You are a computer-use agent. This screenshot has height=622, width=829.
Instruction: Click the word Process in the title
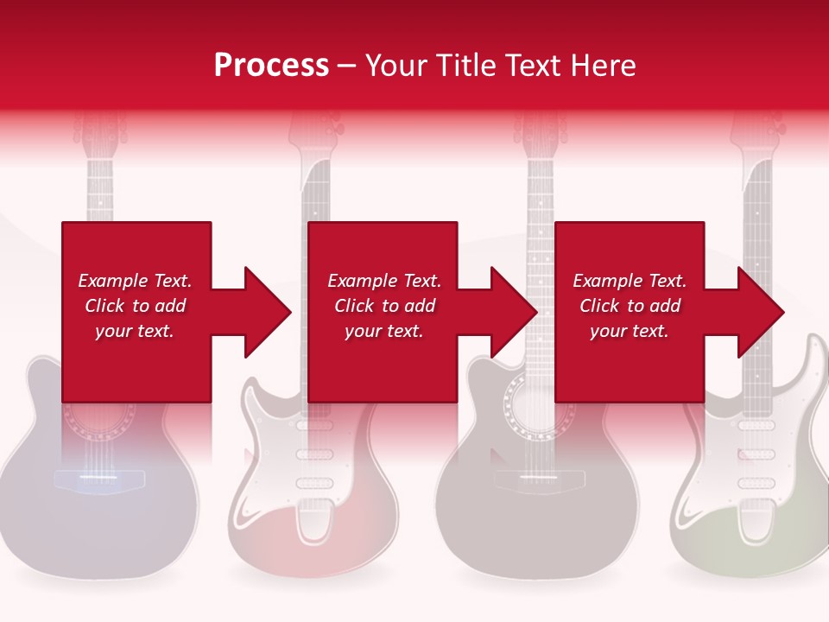point(271,66)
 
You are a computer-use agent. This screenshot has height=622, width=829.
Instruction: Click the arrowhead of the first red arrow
point(268,312)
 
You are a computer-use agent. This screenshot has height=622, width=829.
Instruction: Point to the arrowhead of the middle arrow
point(515,312)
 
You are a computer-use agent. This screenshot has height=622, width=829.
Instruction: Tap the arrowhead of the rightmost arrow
point(761,312)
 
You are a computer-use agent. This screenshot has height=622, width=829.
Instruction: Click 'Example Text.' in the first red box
point(135,281)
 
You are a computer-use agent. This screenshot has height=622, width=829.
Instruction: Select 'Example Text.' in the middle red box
point(384,281)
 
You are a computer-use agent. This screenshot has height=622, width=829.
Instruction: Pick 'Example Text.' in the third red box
point(630,281)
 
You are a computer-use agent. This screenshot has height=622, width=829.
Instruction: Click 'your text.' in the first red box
point(135,331)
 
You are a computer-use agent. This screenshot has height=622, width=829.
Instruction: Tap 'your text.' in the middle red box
point(384,331)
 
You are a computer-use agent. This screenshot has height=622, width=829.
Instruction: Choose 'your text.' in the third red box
point(630,331)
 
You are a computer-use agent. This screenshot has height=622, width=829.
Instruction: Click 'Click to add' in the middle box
point(384,306)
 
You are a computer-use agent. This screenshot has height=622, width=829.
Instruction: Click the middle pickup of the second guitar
point(314,454)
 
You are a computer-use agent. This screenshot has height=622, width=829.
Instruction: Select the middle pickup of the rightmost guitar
point(756,454)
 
